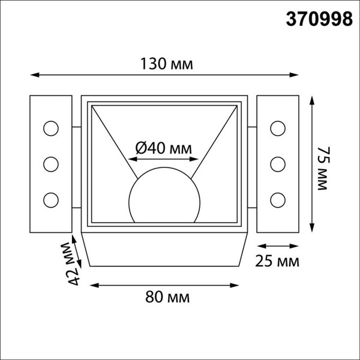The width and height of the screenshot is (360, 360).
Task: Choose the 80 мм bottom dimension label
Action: (166, 296)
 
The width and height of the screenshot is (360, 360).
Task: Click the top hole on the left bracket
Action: (50, 127)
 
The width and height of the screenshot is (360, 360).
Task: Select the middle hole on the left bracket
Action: (50, 163)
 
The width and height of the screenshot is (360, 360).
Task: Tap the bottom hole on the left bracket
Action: (50, 199)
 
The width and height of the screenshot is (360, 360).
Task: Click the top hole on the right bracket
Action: (277, 127)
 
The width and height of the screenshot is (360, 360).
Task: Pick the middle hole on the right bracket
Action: (277, 163)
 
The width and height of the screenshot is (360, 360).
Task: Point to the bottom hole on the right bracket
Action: (277, 199)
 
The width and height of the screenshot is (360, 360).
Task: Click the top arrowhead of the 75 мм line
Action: (312, 100)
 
